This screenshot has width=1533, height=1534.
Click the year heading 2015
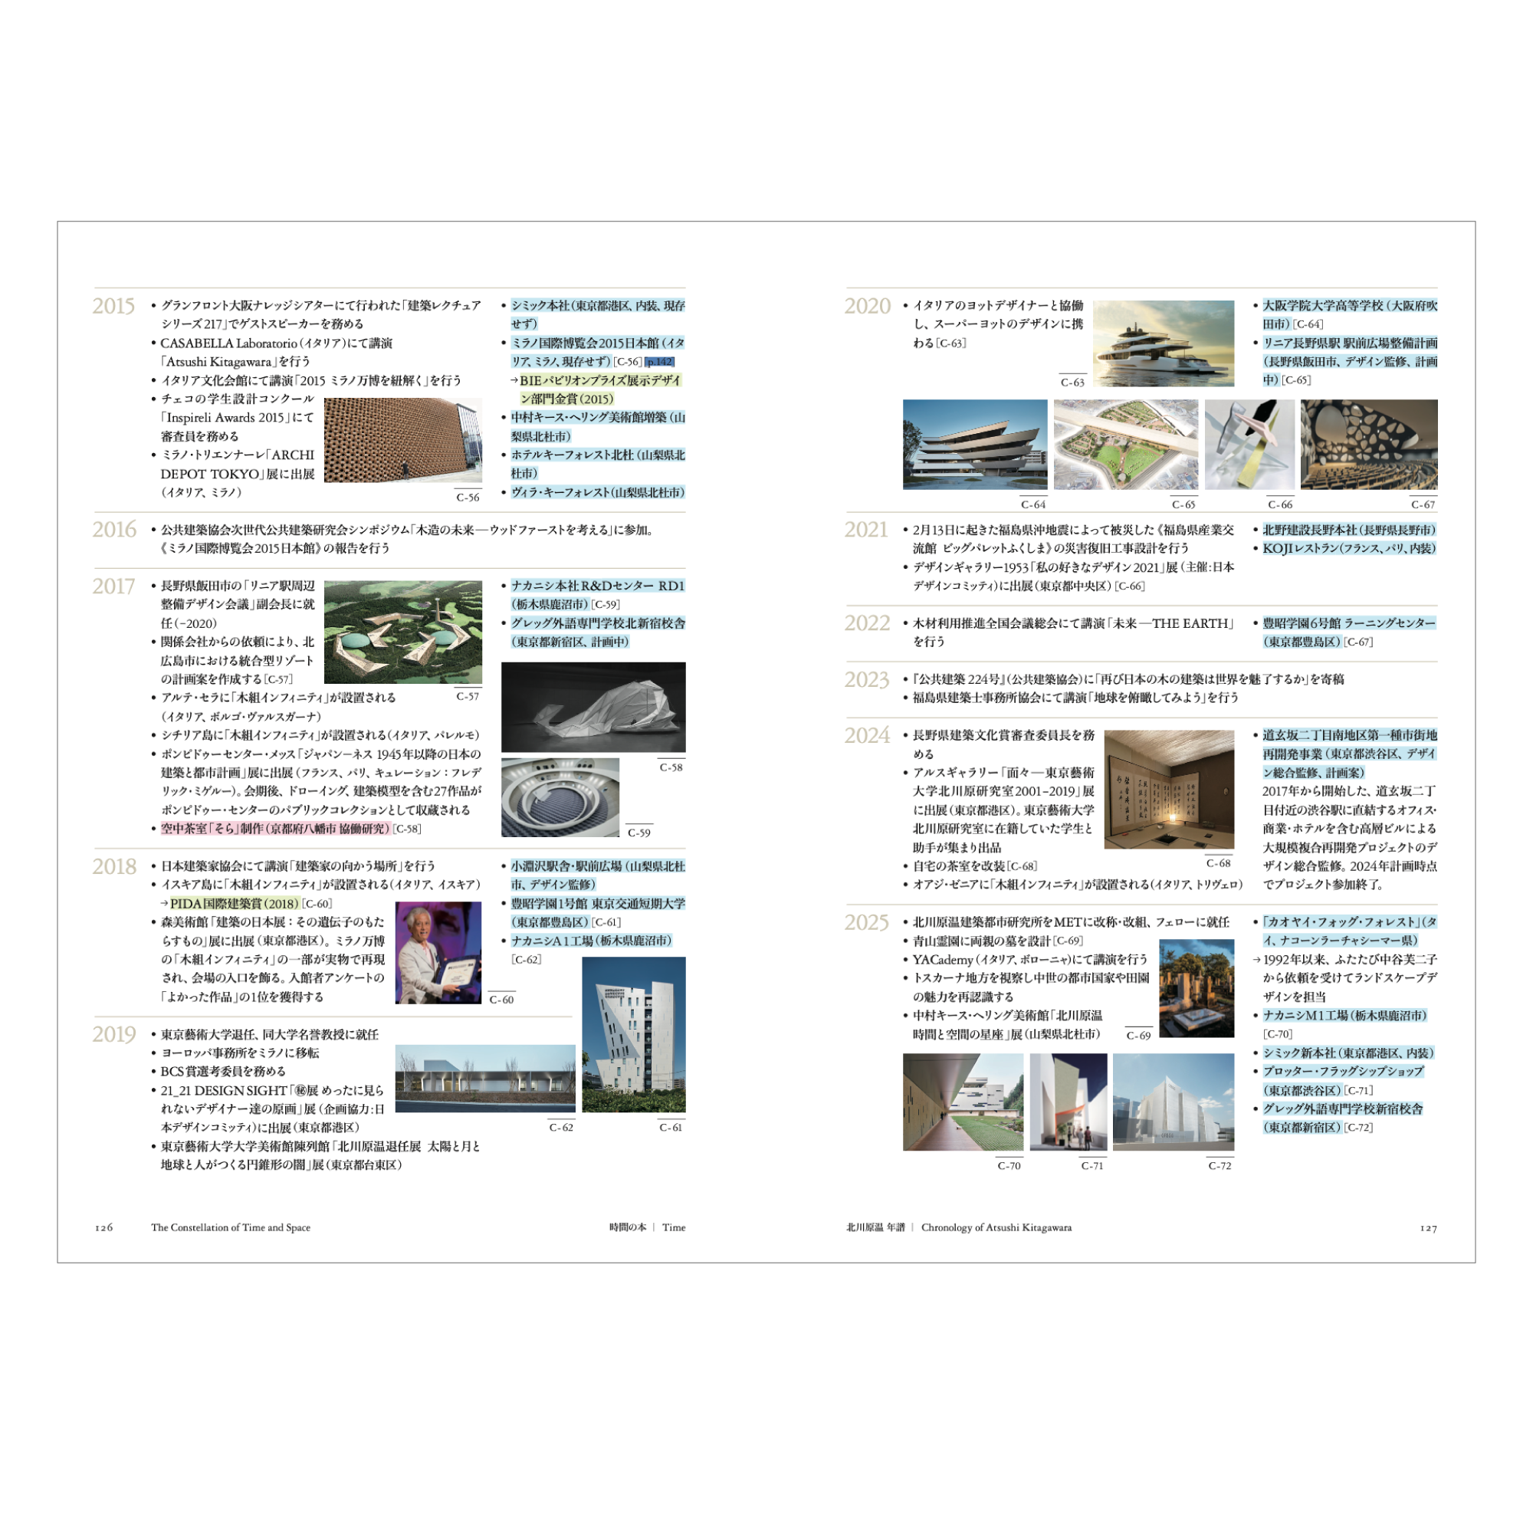point(113,307)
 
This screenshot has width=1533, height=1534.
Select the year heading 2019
point(113,1035)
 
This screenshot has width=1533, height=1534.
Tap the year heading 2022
point(866,623)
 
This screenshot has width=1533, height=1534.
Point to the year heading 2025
point(866,923)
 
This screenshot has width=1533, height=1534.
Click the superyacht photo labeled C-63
point(1163,343)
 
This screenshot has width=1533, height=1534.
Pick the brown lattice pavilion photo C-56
point(402,440)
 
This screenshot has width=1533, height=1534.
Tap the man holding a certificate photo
point(438,952)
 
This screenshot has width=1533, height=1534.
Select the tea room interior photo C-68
point(1169,790)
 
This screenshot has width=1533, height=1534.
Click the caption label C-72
point(1220,1165)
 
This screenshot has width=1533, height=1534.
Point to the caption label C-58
point(671,768)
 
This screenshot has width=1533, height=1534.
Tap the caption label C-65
point(1183,505)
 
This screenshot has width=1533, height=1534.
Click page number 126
point(104,1227)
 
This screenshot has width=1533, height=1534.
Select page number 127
point(1428,1228)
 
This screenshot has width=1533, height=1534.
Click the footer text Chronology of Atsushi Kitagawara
point(996,1227)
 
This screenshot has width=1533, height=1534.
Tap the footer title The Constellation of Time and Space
point(230,1227)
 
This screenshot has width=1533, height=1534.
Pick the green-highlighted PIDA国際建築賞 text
point(235,904)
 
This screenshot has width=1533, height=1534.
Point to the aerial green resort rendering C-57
point(402,632)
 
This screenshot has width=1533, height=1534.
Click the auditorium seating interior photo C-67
point(1369,445)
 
